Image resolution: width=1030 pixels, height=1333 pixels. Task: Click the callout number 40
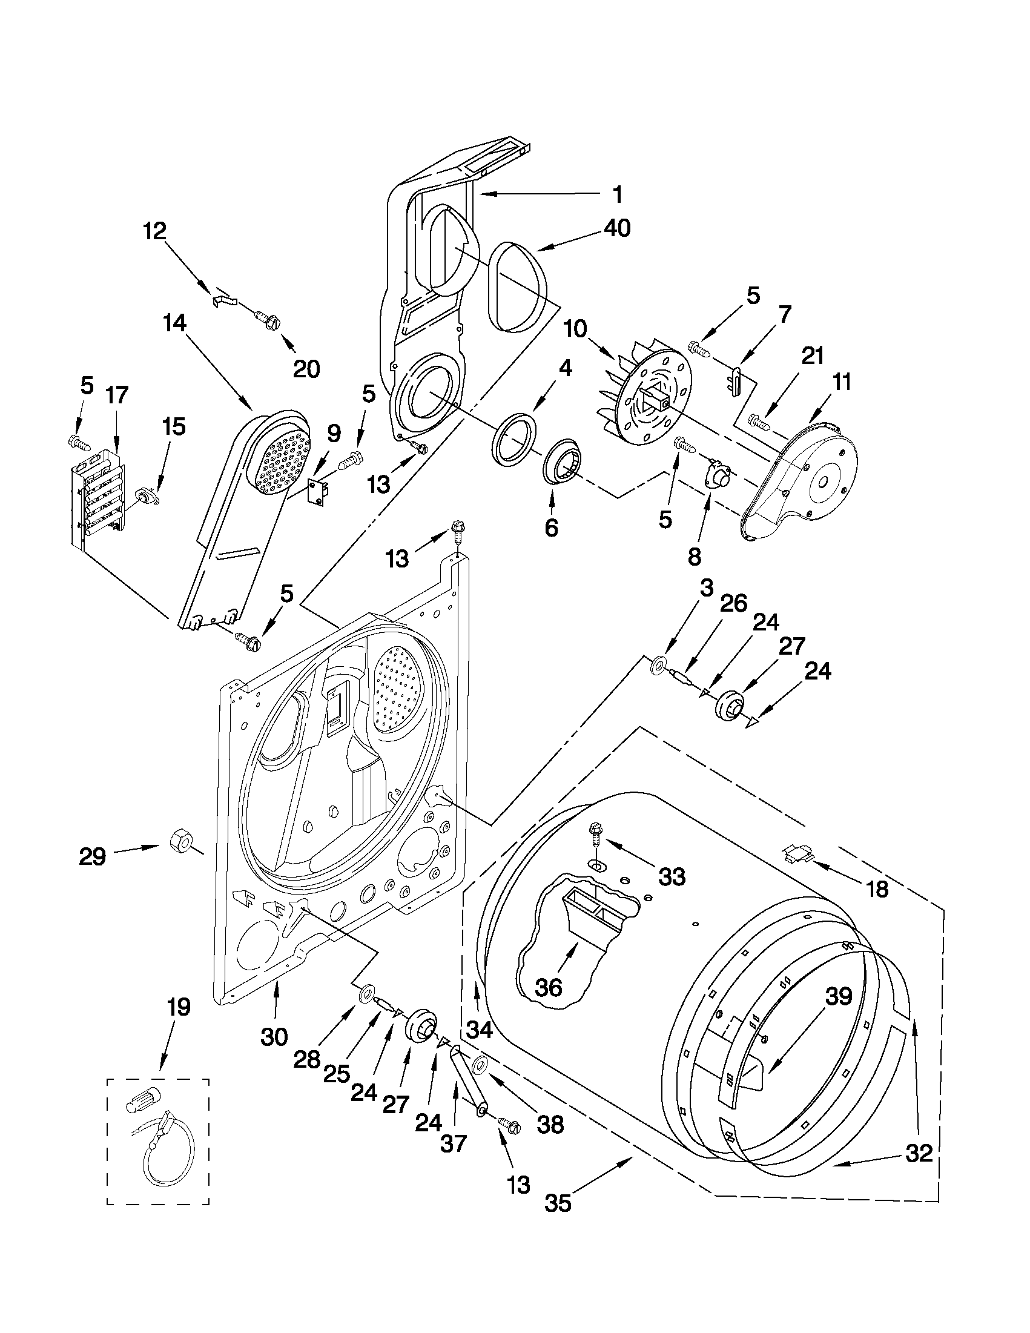click(x=617, y=228)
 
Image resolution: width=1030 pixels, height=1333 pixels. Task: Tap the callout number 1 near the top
click(x=618, y=194)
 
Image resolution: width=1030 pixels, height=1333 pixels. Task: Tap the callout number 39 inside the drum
click(x=839, y=996)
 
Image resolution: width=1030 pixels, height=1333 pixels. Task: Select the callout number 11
click(x=842, y=383)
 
